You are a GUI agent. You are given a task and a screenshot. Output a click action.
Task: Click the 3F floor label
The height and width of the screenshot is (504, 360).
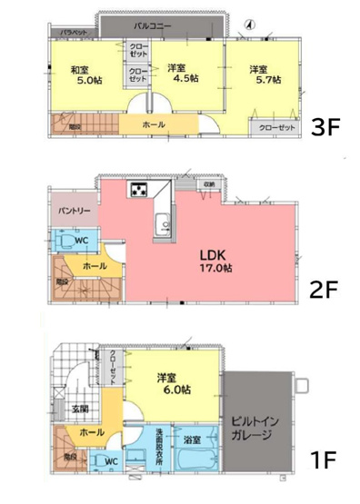[325, 127]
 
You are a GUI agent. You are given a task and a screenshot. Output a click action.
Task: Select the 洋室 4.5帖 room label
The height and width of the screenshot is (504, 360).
[180, 74]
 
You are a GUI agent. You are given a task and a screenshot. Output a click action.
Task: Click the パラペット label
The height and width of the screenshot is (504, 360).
[74, 33]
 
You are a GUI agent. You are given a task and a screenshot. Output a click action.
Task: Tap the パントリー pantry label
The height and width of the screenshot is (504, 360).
[75, 211]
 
